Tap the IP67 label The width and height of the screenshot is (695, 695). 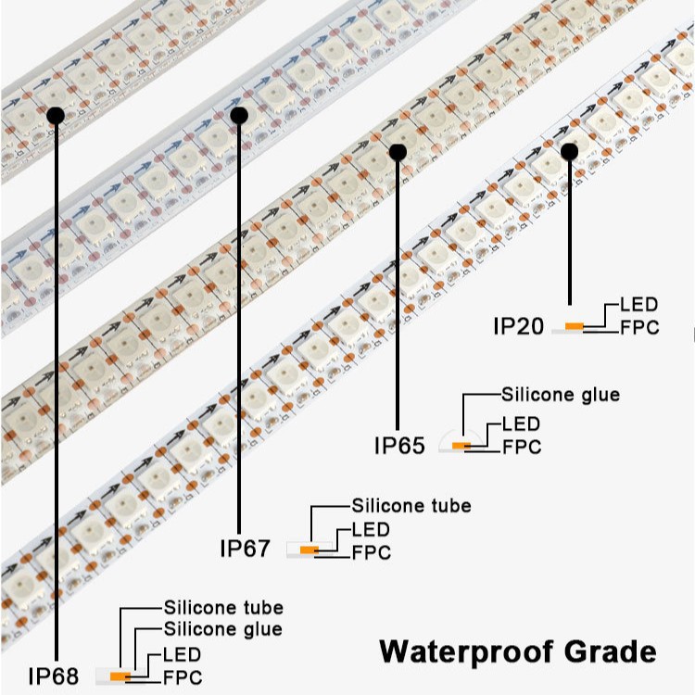245,548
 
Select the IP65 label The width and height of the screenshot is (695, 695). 399,445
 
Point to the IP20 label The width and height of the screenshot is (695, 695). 518,326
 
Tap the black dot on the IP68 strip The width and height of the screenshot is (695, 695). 55,115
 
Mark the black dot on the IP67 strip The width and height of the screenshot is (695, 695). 239,116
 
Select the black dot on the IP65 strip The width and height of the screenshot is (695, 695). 398,150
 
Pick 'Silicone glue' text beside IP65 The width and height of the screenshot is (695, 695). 560,395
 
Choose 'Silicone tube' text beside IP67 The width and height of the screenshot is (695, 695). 411,506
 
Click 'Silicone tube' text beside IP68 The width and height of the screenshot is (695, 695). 223,608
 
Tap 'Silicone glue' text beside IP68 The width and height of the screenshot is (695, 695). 222,629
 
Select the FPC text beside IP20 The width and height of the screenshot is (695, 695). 638,327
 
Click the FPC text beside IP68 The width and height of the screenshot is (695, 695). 182,677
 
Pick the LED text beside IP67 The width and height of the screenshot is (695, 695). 371,530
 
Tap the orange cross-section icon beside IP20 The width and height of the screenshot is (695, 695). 575,326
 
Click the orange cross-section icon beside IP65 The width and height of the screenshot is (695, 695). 460,446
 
